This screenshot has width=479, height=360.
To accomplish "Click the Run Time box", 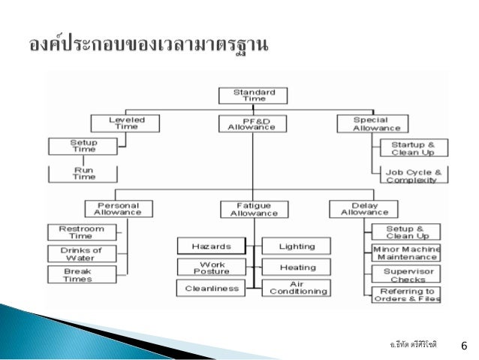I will coord(83,174).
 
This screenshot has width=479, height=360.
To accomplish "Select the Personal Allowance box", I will coord(118,208).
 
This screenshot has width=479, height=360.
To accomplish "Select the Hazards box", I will coord(212,246).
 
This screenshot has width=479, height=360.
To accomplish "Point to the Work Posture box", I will coord(212,267).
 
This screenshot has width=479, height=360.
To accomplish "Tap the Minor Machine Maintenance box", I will coord(406,253).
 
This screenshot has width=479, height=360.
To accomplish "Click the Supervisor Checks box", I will coord(406,274).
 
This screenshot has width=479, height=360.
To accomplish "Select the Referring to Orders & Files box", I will coord(406,295).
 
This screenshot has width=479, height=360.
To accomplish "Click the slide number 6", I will coord(462,345).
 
